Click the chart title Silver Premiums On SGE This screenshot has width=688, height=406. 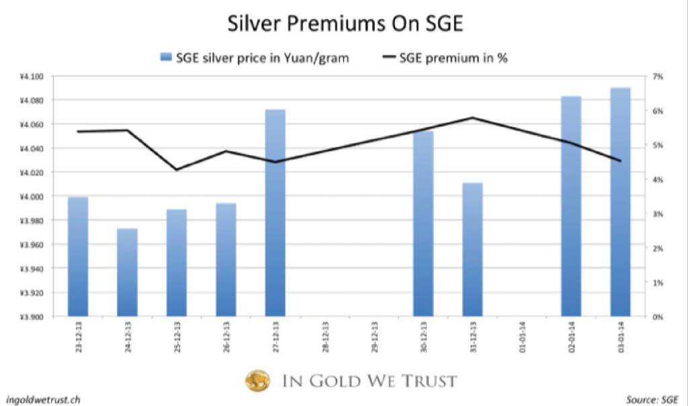(344, 26)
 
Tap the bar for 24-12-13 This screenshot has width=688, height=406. (128, 272)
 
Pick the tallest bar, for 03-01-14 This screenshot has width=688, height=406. (620, 202)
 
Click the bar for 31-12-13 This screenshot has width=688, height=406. (472, 249)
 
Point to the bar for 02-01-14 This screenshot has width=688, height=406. (571, 206)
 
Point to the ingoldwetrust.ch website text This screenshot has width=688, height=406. (37, 398)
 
